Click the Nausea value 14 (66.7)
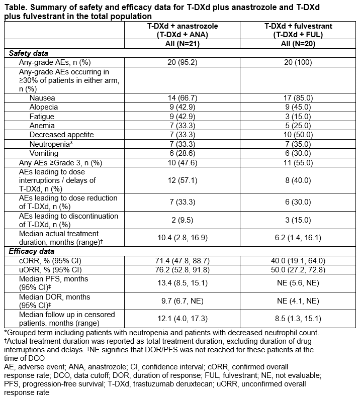[x=191, y=97]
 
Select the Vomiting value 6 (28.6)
[x=191, y=153]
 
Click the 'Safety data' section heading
[x=29, y=53]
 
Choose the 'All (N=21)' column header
[x=191, y=44]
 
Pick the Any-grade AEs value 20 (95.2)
[x=191, y=62]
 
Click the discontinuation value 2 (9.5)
[x=191, y=220]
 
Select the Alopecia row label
[x=44, y=107]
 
